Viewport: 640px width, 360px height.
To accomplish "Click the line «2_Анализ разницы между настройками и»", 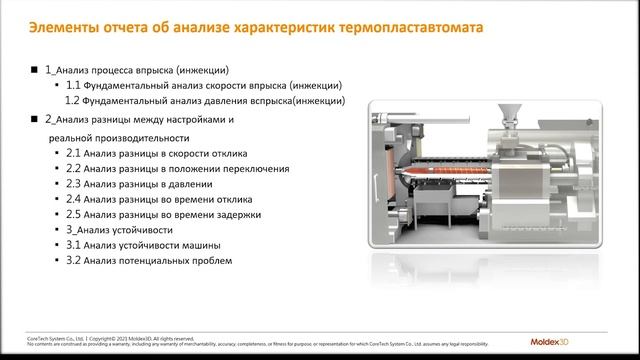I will click(140, 120).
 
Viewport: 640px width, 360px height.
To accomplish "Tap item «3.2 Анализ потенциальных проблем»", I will click(149, 261).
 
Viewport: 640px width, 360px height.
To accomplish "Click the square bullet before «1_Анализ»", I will click(35, 71).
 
